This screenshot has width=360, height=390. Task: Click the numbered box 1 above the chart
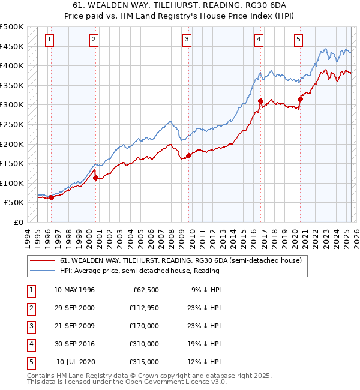pos(49,40)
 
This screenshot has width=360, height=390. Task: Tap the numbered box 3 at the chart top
pos(187,40)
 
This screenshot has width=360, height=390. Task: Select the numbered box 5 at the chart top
pos(298,40)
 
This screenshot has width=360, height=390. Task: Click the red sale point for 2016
pos(260,101)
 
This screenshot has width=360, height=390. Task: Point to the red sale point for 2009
pos(188,155)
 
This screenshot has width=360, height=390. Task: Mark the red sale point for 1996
pos(51,197)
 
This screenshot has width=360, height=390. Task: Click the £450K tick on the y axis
pos(12,46)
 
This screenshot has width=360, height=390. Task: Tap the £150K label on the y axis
pos(12,163)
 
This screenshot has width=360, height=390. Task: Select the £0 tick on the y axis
pos(17,222)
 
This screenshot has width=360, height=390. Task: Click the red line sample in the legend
pos(43,261)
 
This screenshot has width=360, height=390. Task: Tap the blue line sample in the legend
pos(43,271)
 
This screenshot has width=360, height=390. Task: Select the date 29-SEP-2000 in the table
pos(74,308)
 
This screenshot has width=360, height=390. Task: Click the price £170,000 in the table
pos(145,326)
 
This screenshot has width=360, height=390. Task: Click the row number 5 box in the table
pos(30,362)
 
